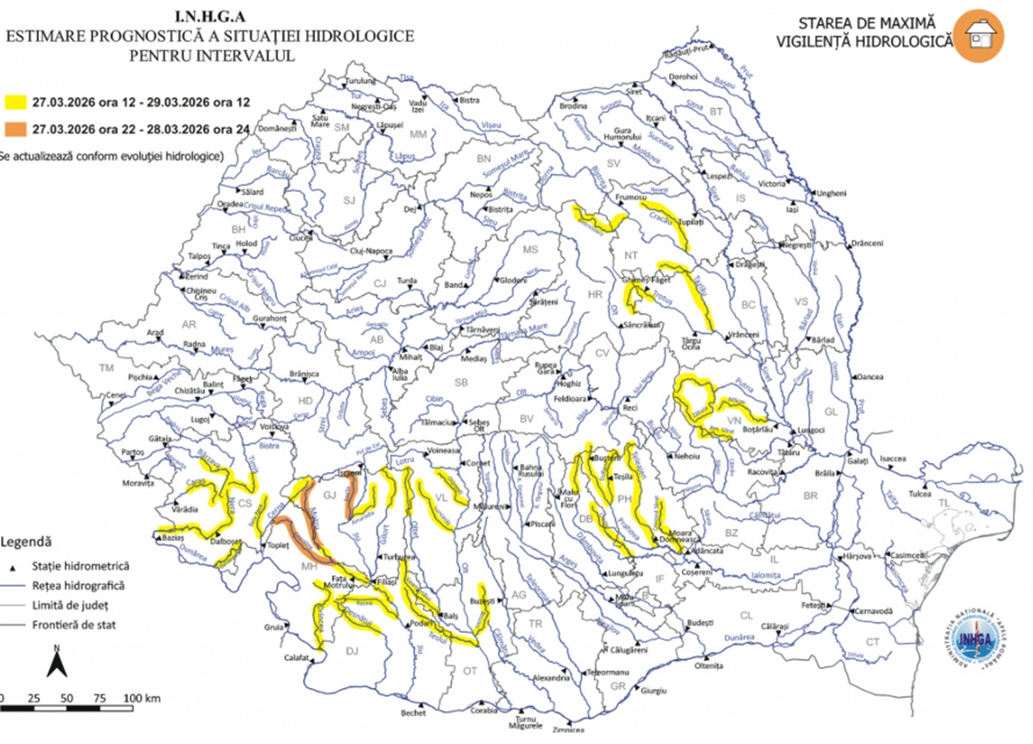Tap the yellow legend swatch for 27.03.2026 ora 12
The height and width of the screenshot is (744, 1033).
(15, 101)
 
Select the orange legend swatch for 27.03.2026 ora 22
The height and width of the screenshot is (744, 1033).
(15, 130)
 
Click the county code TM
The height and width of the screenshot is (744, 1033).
(107, 368)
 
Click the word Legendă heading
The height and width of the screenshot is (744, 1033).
(28, 542)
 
